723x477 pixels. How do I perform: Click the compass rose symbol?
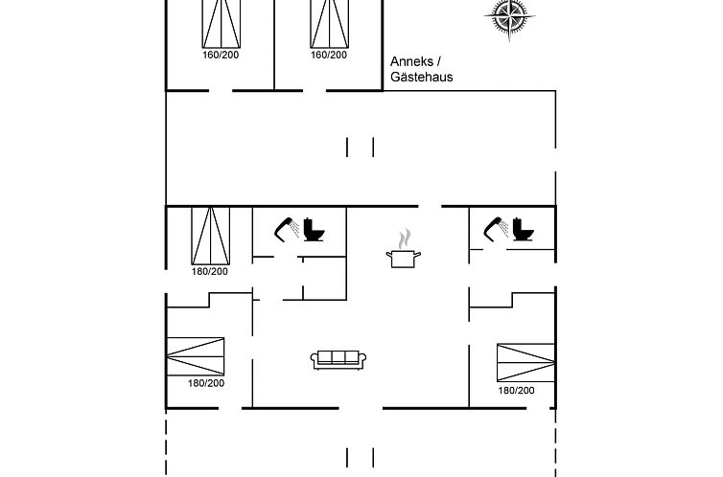(x=508, y=15)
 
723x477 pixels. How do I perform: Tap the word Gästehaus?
(x=421, y=78)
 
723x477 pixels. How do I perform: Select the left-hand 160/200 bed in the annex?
(x=221, y=22)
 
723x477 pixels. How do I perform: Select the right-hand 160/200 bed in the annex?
(x=329, y=22)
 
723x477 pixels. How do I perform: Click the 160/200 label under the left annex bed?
(x=221, y=55)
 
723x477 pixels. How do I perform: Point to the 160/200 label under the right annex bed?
(x=329, y=55)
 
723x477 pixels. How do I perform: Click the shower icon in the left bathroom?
(x=286, y=228)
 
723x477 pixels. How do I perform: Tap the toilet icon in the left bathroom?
(x=315, y=230)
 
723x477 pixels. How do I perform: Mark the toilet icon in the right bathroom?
(x=523, y=230)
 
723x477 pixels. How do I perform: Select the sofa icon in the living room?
(x=338, y=358)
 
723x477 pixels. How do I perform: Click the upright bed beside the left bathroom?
(x=210, y=236)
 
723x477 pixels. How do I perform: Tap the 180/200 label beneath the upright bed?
(x=209, y=272)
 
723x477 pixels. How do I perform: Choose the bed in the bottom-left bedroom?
(x=196, y=356)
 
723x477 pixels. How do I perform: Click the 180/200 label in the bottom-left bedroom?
(x=205, y=383)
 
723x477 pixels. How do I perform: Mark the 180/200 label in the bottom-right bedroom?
(x=516, y=390)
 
